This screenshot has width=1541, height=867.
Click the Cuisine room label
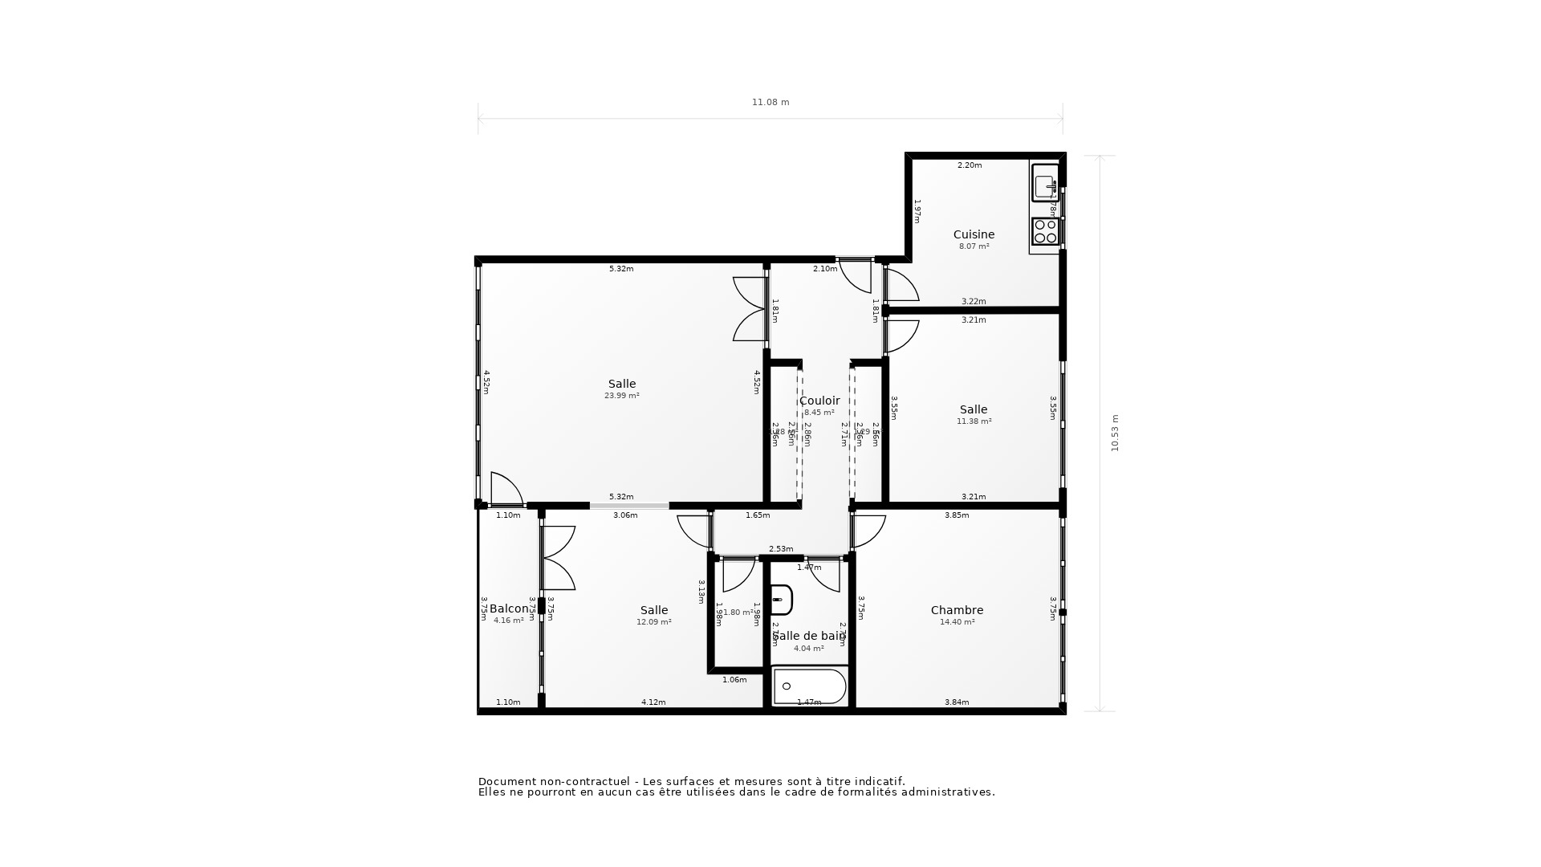point(974,234)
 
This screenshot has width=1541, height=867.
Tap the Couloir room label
point(819,401)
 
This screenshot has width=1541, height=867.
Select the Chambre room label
point(957,610)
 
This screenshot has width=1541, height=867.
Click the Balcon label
point(509,609)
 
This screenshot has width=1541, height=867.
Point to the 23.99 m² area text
point(622,396)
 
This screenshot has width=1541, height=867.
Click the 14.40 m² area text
point(957,622)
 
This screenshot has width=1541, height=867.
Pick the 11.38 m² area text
point(974,421)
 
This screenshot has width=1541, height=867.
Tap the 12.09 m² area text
point(654,622)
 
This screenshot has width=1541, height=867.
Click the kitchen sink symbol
point(1045,184)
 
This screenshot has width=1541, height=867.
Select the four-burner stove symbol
point(1045,231)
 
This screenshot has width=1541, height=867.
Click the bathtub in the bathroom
point(809,686)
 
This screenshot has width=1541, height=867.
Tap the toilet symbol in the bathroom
point(781,600)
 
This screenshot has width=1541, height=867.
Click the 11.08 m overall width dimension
point(770,103)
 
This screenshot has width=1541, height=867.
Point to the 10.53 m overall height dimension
point(1115,433)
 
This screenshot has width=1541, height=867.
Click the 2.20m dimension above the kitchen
point(970,165)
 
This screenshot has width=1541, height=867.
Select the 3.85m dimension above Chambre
point(957,515)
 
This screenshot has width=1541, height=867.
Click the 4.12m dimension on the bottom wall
point(653,702)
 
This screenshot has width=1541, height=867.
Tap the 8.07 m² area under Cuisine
point(974,246)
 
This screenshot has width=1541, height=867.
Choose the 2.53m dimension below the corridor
point(781,549)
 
